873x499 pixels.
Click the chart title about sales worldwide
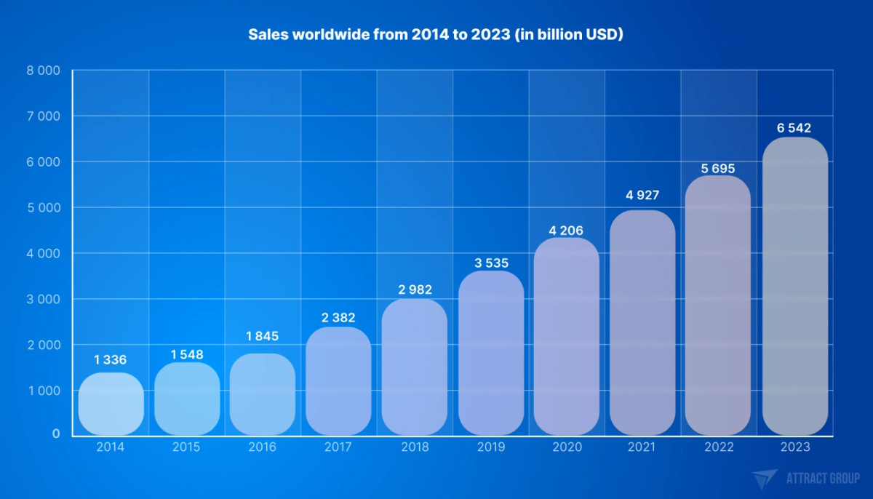point(436,34)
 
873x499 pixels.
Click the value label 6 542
point(794,128)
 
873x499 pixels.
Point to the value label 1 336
point(111,359)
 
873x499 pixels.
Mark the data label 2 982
point(415,290)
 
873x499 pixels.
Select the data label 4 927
point(642,195)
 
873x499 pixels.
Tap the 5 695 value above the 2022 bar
point(719,169)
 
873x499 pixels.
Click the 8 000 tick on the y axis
point(45,71)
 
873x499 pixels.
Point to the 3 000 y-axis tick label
point(45,299)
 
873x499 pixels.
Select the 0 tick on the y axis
point(55,434)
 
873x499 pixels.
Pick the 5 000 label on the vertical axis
point(45,207)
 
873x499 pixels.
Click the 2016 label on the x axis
point(262,447)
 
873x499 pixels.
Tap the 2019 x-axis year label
point(490,447)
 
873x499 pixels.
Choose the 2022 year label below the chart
point(719,447)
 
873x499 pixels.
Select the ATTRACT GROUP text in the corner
point(822,479)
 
